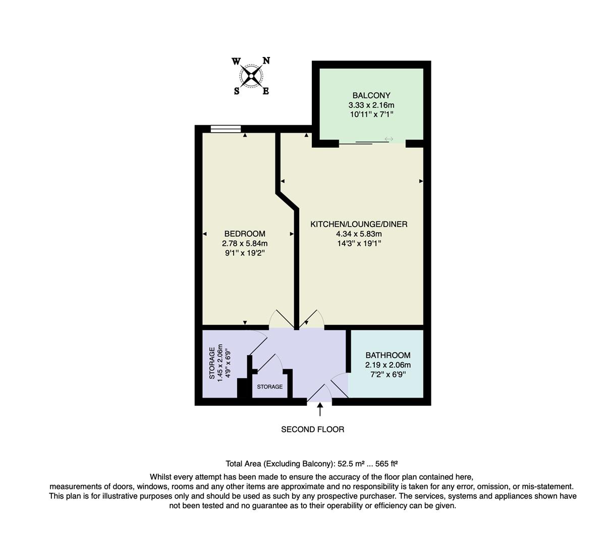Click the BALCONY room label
point(371,95)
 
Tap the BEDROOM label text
point(244,234)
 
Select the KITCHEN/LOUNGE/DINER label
point(358,224)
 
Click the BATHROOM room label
point(388,355)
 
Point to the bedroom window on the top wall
point(226,129)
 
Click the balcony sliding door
point(363,143)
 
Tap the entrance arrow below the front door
point(320,409)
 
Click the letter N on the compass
point(266,61)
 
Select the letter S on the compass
point(236,91)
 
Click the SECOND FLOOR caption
point(312,429)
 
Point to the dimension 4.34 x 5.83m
point(358,234)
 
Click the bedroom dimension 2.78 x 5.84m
point(244,243)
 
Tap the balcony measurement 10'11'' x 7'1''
point(371,115)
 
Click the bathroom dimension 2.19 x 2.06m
point(388,365)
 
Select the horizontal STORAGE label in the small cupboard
point(269,387)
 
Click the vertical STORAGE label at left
point(212,362)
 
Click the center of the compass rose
point(251,76)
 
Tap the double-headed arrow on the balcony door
point(389,139)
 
